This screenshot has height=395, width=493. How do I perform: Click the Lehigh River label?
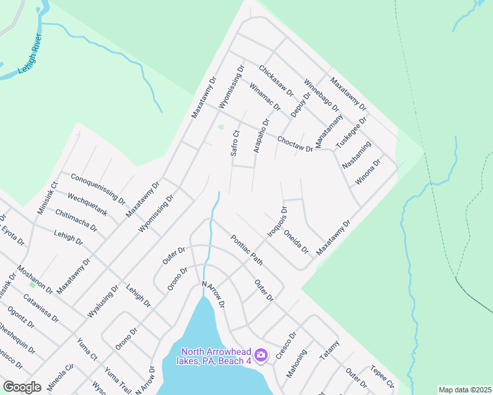32,59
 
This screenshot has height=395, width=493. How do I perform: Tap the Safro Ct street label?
234,143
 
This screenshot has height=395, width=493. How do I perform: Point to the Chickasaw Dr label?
275,81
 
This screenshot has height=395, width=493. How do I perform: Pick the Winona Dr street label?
368,171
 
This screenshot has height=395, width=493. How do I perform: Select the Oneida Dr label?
296,242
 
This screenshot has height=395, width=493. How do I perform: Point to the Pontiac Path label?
246,250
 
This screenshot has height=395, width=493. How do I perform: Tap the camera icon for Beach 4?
261,355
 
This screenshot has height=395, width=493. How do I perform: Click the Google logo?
22,387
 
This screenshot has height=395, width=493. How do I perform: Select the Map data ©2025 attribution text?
464,390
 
